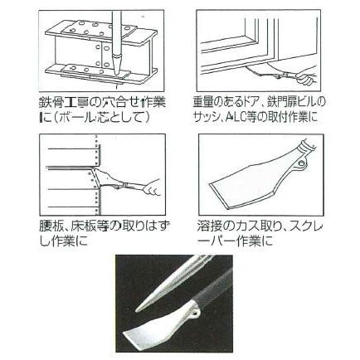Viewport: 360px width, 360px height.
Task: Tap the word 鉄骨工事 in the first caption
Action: (66, 102)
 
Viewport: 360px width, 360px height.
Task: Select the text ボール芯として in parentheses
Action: (106, 117)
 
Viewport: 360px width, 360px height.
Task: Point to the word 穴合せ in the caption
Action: (124, 102)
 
